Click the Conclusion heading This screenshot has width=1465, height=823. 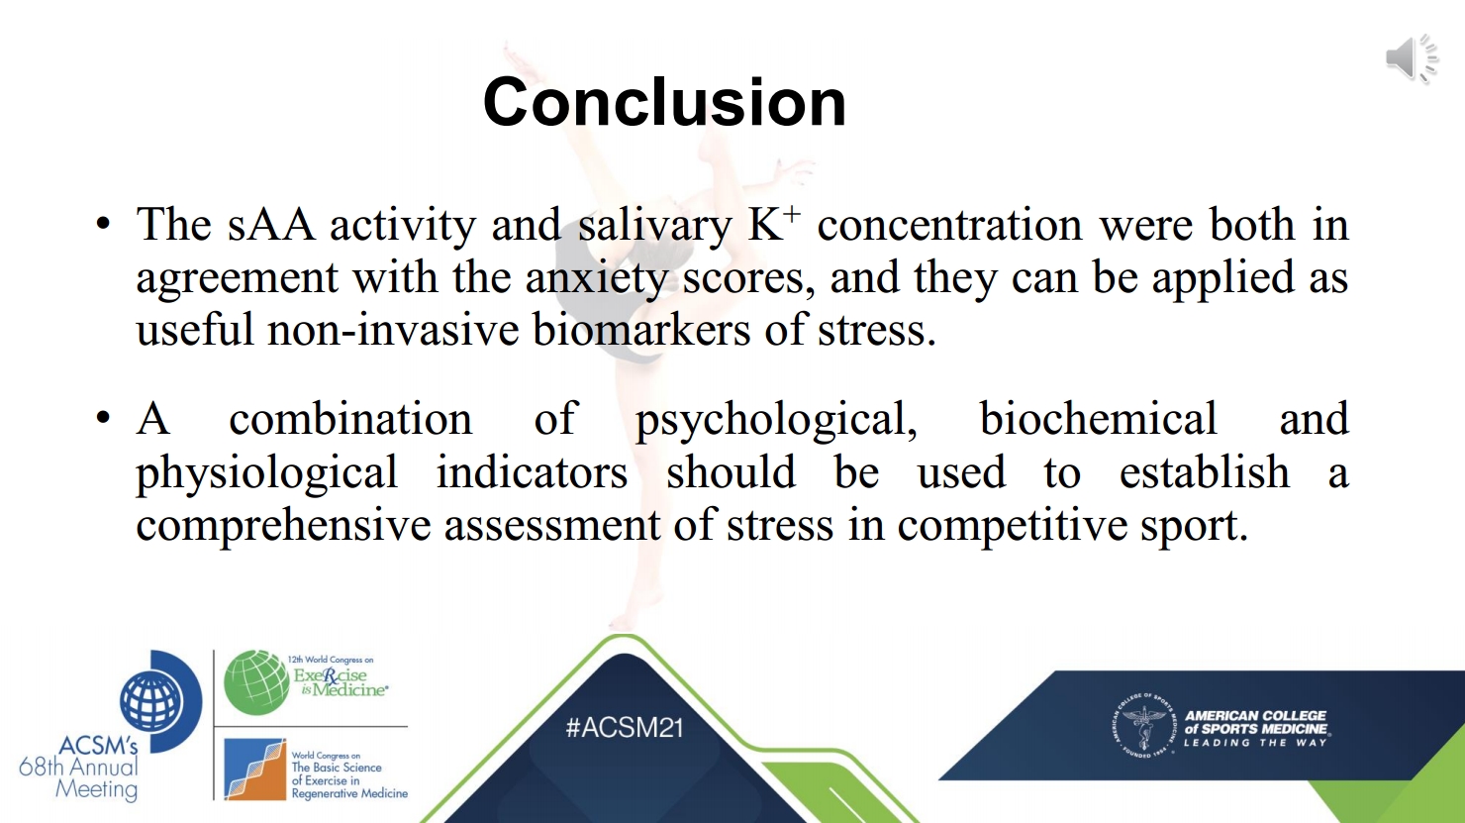664,102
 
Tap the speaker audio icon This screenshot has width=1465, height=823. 1413,58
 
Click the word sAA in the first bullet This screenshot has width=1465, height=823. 271,225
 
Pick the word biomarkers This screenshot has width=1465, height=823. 641,329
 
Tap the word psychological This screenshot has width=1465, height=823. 777,421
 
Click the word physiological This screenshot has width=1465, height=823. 267,473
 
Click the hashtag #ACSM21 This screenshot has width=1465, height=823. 624,728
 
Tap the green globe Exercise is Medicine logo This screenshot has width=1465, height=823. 256,682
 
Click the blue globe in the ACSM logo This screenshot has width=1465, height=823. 151,700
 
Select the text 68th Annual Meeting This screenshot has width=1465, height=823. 79,777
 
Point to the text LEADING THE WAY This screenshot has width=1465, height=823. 1255,743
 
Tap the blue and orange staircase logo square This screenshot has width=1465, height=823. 255,770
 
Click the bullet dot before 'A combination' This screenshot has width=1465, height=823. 103,417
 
